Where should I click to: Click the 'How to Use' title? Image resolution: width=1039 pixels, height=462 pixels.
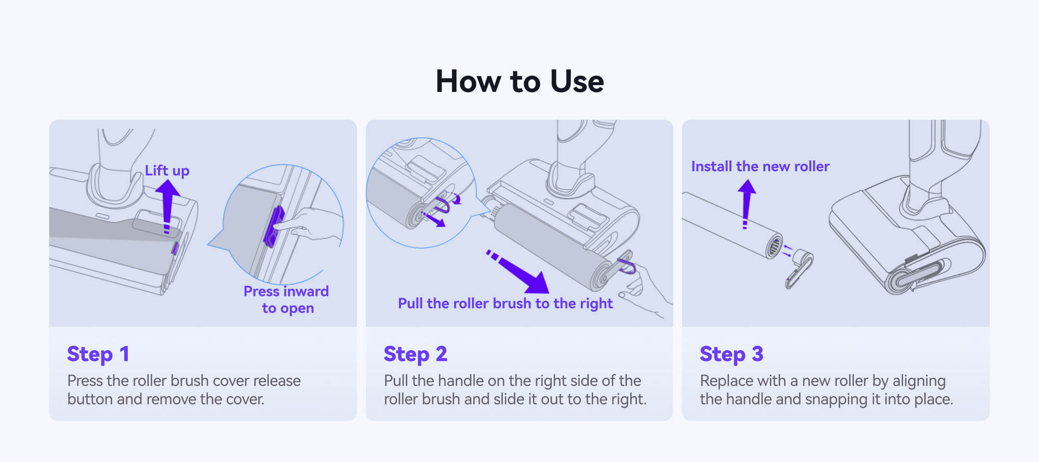[x=519, y=82]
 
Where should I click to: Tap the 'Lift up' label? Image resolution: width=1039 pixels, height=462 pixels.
[x=167, y=170]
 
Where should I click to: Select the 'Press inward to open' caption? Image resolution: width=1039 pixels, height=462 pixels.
[x=286, y=299]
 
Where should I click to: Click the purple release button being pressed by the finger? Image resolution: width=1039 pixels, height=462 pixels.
[x=273, y=227]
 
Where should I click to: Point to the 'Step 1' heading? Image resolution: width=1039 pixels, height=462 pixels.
[x=98, y=354]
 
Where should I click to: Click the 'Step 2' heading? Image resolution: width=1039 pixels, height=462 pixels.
[x=415, y=354]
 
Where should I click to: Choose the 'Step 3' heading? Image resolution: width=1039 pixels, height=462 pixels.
[x=731, y=354]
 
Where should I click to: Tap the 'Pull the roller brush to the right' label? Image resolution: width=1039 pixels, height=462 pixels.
[x=505, y=303]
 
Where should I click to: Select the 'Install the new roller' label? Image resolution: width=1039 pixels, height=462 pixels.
[x=760, y=166]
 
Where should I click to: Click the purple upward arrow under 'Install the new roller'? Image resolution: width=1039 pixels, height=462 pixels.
[x=747, y=204]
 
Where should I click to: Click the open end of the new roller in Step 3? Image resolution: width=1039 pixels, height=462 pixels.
[x=774, y=245]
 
